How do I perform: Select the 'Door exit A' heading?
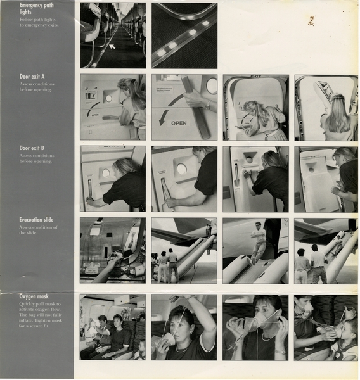tap(32, 77)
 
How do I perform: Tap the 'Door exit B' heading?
tap(32, 149)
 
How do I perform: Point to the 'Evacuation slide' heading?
tap(36, 220)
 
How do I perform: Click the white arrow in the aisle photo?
tap(112, 46)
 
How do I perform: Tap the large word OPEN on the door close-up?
tap(179, 123)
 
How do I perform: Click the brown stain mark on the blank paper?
tap(311, 21)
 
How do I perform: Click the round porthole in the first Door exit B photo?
tap(106, 173)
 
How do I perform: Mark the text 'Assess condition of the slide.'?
tap(38, 230)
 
